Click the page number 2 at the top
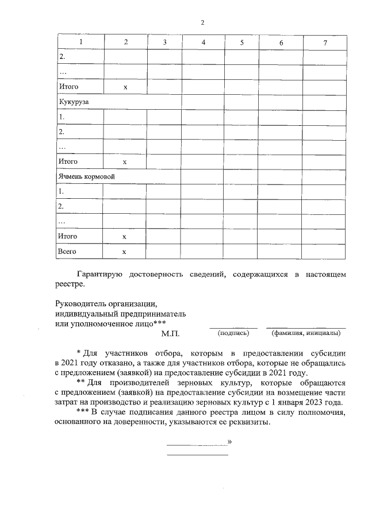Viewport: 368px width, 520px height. click(x=202, y=22)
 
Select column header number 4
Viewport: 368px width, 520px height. click(x=204, y=43)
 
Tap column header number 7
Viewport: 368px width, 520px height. click(x=325, y=43)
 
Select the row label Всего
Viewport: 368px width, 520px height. click(x=67, y=252)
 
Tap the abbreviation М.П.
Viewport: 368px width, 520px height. click(x=171, y=333)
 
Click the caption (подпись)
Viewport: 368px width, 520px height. click(x=233, y=333)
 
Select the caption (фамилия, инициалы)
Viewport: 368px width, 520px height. click(x=305, y=333)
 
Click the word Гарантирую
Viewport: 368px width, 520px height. click(x=98, y=275)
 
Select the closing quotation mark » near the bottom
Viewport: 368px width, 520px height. click(x=229, y=441)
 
